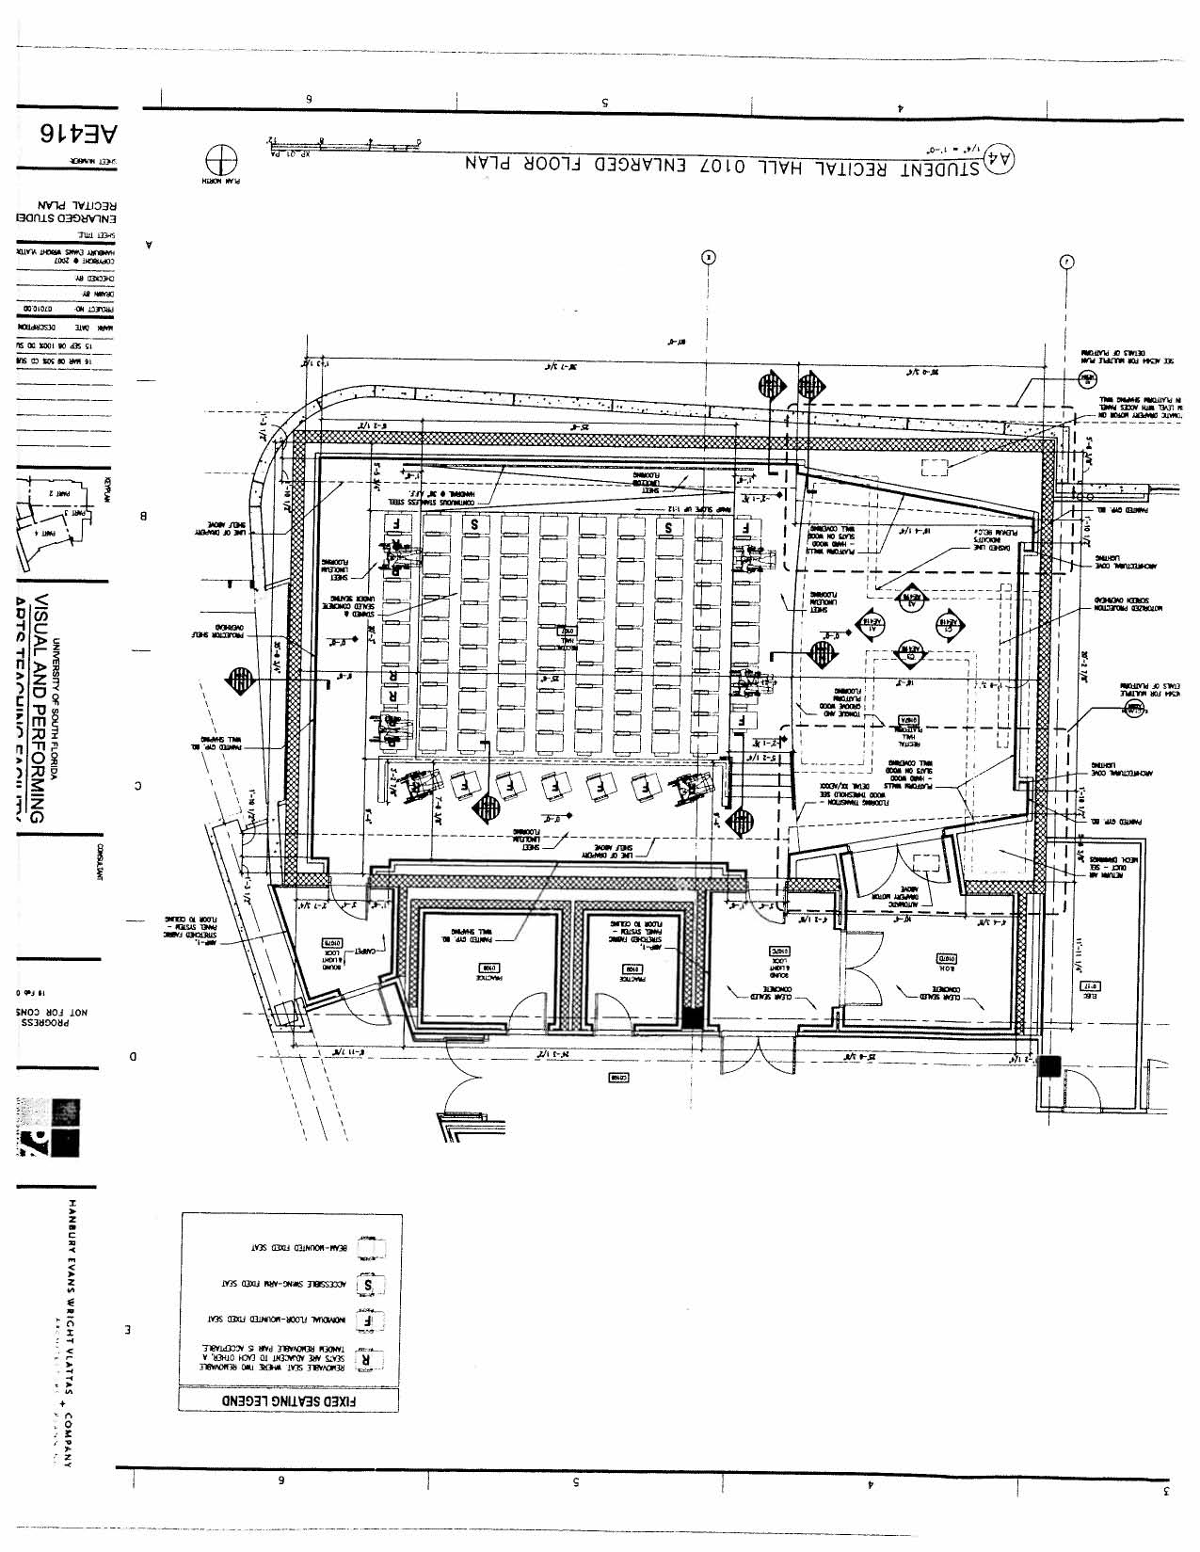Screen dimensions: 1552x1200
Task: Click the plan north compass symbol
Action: pos(222,160)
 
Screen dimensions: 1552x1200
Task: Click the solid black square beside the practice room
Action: pos(693,1017)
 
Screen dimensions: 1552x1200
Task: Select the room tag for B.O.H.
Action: pos(948,959)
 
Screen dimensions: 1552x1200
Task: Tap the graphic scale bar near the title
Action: pos(344,146)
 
